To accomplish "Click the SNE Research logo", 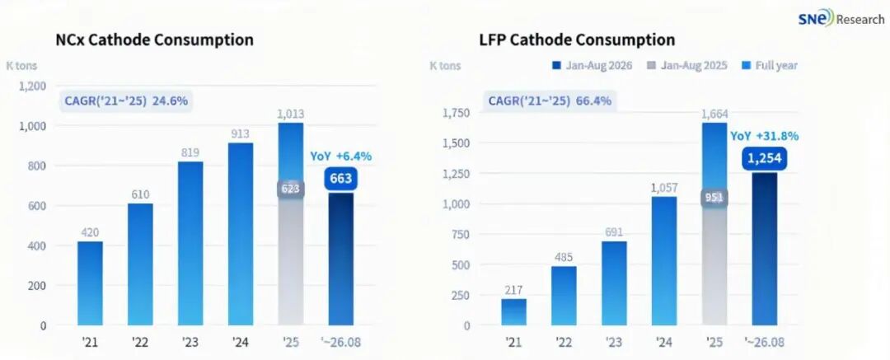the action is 840,19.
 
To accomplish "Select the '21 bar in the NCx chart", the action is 91,283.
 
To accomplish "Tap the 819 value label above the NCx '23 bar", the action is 190,152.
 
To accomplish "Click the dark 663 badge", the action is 341,179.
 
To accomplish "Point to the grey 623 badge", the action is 291,189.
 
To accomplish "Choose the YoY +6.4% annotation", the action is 340,157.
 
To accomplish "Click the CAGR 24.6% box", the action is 125,101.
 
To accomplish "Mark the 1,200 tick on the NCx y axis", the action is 32,86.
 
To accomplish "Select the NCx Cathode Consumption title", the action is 154,40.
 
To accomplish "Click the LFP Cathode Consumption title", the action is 577,40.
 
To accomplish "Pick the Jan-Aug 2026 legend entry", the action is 592,65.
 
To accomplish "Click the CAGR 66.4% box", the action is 550,101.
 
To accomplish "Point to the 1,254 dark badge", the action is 764,158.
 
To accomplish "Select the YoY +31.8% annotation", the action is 764,136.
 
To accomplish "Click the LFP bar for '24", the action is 664,261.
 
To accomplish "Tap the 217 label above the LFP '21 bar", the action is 513,289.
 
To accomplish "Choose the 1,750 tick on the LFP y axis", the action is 456,113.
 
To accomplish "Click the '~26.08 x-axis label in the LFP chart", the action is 764,343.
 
